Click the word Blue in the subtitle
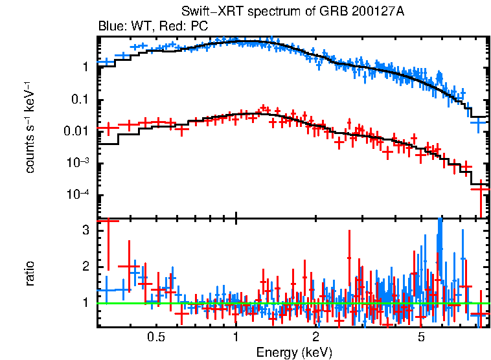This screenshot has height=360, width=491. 110,27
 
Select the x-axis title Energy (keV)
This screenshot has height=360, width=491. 294,352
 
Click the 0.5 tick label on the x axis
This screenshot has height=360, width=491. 155,337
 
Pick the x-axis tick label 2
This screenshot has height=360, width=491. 315,337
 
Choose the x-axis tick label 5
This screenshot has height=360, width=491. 421,337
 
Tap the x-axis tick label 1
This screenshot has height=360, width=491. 236,337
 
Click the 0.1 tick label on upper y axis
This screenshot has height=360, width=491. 80,99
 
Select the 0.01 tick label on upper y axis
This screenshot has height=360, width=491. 77,131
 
